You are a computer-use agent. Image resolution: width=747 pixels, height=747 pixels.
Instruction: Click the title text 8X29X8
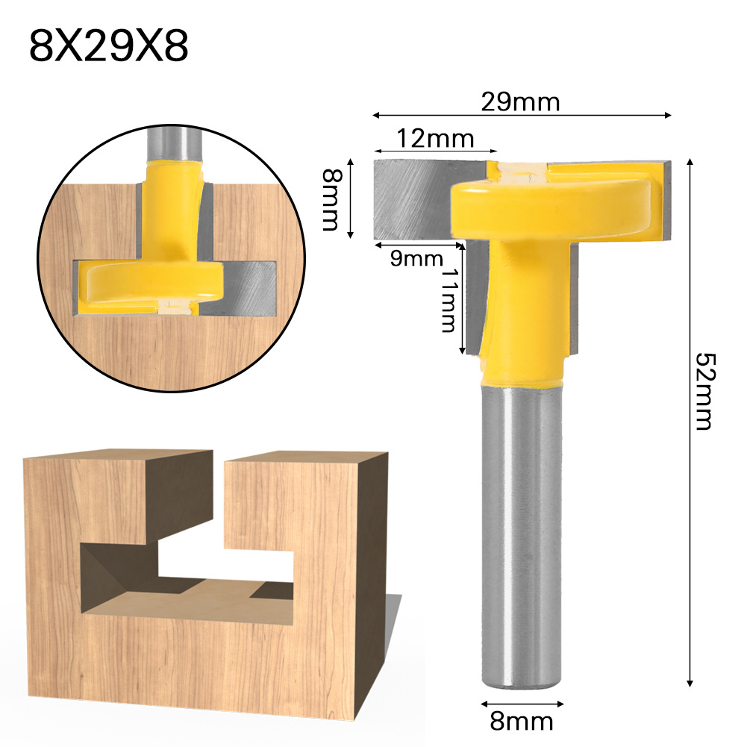[x=109, y=46]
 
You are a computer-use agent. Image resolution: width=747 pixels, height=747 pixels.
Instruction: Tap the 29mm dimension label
[x=520, y=102]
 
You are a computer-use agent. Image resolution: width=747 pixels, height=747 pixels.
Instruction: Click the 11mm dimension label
[x=448, y=301]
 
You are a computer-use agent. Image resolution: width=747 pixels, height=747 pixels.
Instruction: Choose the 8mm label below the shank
[x=521, y=722]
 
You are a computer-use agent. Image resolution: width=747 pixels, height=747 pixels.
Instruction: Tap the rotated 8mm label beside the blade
[x=331, y=199]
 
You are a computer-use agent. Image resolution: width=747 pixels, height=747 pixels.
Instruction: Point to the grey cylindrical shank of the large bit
[x=521, y=537]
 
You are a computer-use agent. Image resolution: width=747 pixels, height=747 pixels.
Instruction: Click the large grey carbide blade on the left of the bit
[x=410, y=198]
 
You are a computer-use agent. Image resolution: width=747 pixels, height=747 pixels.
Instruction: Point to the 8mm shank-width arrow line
[x=521, y=703]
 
